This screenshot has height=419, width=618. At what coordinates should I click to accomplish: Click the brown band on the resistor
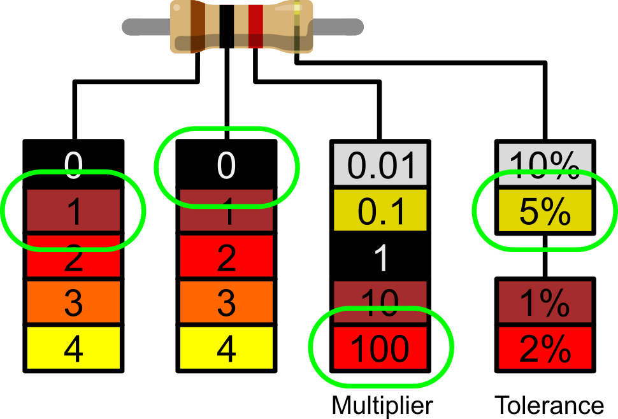pos(198,26)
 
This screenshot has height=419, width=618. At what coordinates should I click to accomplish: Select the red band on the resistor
pos(255,26)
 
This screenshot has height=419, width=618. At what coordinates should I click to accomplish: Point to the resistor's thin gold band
pos(297,26)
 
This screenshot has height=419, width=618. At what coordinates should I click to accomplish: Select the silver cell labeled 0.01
pos(380,164)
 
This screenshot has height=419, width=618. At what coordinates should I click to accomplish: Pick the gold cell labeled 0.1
pos(380,210)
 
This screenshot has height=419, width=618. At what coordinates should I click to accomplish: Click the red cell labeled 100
pos(380,348)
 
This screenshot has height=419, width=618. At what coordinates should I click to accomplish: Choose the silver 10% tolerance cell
pos(545,164)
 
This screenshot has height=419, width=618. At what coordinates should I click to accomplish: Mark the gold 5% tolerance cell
pos(545,210)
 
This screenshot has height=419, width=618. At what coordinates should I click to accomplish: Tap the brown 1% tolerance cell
pos(545,302)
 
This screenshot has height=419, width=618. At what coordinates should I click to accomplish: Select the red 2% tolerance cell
pos(545,348)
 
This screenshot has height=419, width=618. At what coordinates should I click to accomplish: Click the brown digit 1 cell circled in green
pos(73,210)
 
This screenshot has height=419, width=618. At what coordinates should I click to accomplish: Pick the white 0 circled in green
pos(226,166)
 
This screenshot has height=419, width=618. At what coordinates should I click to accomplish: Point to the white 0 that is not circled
pos(73,166)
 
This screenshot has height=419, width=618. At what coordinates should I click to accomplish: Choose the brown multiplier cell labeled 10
pos(380,302)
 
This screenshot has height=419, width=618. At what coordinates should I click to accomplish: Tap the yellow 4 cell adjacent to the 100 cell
pos(226,348)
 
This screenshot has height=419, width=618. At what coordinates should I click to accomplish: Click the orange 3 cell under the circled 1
pos(73,302)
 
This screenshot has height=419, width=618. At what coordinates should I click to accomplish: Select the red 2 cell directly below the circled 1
pos(73,256)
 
